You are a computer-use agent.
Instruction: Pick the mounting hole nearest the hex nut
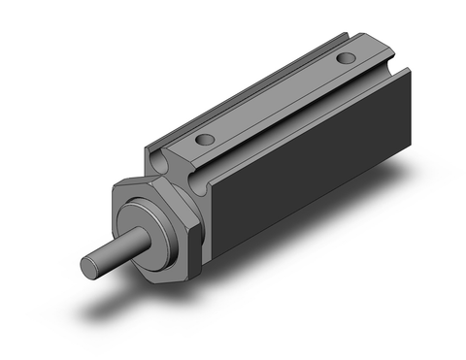(x=203, y=141)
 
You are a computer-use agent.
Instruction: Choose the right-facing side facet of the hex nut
(x=198, y=233)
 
